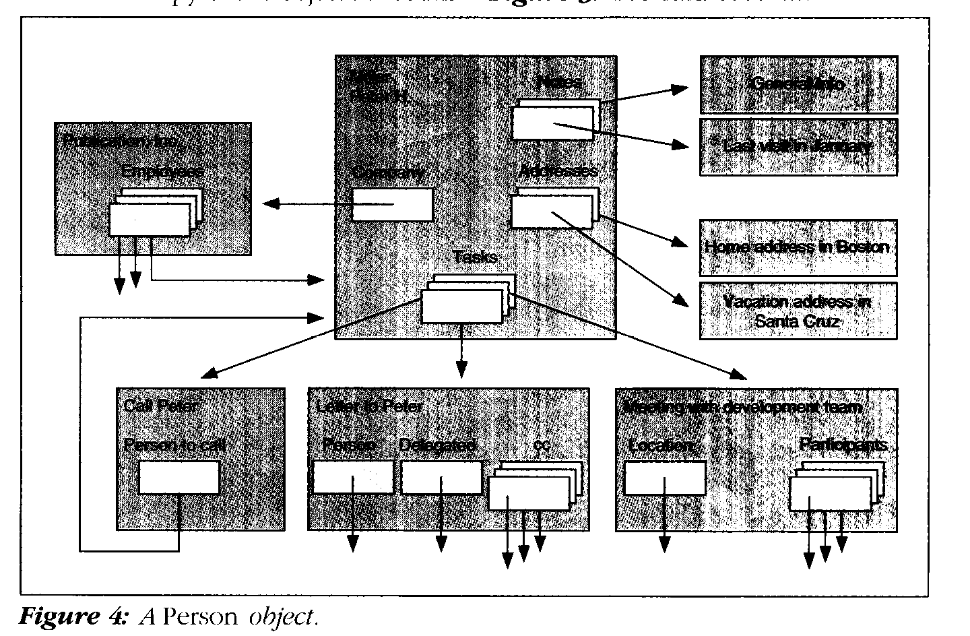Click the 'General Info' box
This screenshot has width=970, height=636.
tap(798, 85)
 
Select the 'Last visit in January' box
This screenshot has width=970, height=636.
tap(798, 147)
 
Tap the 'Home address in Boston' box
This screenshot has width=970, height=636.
tap(798, 247)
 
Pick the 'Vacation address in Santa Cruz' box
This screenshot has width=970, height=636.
tap(798, 311)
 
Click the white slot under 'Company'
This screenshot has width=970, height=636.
tap(392, 204)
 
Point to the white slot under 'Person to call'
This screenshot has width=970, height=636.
tap(179, 478)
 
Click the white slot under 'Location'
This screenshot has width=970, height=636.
tap(665, 478)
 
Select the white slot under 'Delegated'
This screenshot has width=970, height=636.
tap(441, 478)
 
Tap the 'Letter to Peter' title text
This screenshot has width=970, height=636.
tap(369, 406)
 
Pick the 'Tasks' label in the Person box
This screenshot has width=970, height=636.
tap(476, 257)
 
